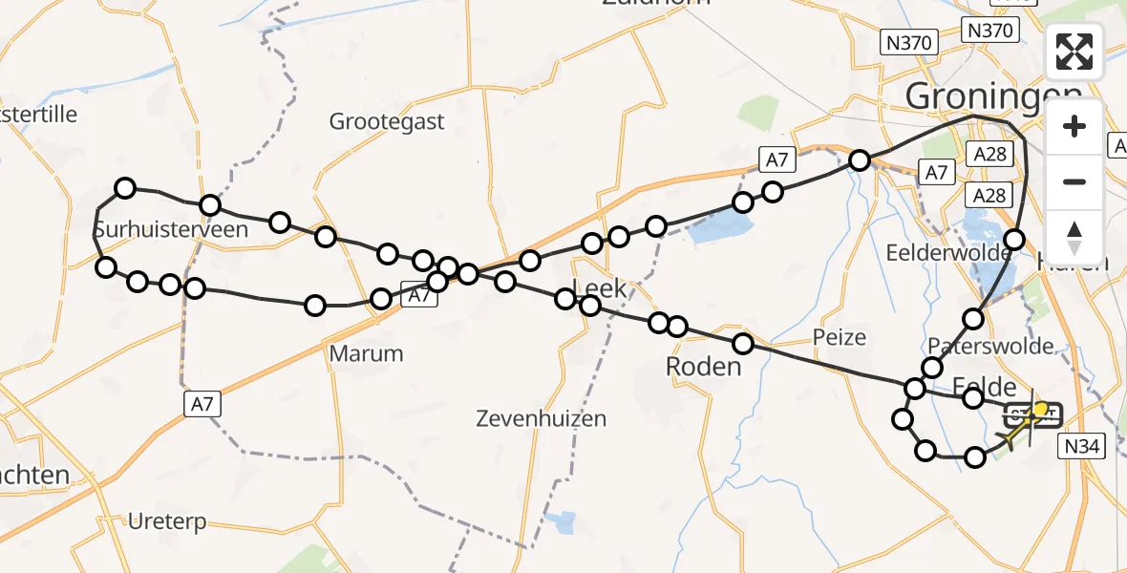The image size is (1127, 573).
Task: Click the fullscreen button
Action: [1074, 53]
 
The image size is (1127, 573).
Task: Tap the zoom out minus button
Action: [1074, 181]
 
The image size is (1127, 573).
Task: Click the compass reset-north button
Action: [1074, 236]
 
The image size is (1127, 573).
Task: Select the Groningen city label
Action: [993, 95]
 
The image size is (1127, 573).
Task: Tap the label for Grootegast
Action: [387, 121]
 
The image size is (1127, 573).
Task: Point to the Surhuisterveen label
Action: [170, 229]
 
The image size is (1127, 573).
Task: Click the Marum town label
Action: [366, 353]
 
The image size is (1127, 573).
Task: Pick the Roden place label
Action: [703, 367]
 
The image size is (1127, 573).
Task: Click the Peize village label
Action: [840, 336]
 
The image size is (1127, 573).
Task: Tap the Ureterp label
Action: [168, 522]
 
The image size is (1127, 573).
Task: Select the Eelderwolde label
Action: [948, 253]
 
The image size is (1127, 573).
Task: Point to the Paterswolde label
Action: [990, 346]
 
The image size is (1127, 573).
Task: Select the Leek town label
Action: [599, 288]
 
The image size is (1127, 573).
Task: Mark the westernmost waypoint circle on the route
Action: [106, 267]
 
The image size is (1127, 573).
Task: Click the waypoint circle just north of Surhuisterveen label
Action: [125, 188]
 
